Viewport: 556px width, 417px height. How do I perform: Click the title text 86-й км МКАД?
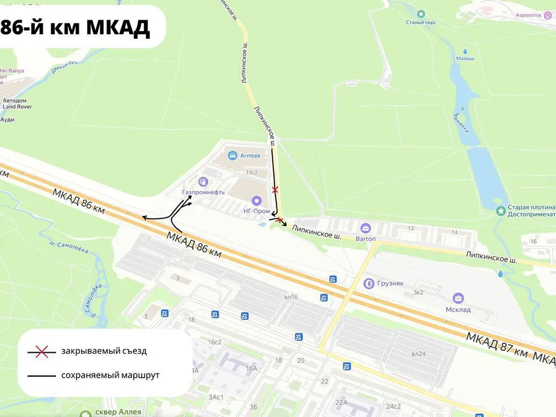tap(75, 27)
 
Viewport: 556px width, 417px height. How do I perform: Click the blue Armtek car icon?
tap(232, 155)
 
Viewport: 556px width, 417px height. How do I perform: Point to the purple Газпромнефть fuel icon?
tap(203, 182)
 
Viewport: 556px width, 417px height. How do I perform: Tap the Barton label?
tap(365, 239)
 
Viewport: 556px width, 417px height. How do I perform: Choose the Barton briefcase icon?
tap(365, 228)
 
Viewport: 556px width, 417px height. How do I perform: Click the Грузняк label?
tap(391, 284)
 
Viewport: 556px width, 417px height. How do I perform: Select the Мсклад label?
tap(458, 309)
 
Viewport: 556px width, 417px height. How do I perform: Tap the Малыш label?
tap(464, 58)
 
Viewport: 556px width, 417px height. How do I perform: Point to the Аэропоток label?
tap(526, 16)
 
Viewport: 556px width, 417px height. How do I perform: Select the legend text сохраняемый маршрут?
tap(110, 375)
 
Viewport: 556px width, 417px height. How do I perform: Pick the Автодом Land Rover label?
tap(17, 103)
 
